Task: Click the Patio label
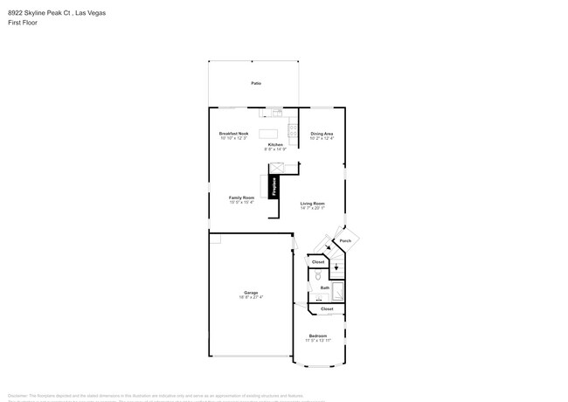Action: (256, 83)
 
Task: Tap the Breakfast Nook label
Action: (233, 134)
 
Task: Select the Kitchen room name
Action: (275, 144)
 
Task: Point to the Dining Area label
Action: (322, 134)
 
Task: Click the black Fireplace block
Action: (274, 186)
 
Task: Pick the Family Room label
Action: (241, 198)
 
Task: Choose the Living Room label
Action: (312, 204)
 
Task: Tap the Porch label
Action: (345, 240)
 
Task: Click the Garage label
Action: (251, 293)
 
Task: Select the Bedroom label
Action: (317, 336)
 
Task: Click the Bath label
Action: (324, 288)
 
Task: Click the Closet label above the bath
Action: (318, 262)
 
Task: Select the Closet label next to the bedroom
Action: (327, 308)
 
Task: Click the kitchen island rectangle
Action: (269, 134)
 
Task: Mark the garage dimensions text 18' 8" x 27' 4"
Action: (251, 297)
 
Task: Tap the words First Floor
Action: (23, 24)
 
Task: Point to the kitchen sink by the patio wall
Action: (276, 112)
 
